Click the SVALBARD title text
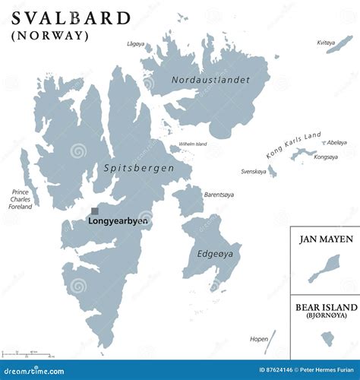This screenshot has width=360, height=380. [x=71, y=17]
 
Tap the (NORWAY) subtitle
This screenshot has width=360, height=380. [x=50, y=35]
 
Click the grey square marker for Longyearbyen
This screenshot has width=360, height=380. [x=95, y=212]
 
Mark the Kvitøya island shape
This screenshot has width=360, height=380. [x=339, y=44]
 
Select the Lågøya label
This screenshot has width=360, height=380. [x=136, y=45]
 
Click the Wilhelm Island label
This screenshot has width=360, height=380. [x=193, y=144]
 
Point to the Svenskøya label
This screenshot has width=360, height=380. [x=254, y=171]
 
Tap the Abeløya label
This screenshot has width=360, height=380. [x=336, y=142]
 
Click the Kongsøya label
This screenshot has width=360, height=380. [x=326, y=157]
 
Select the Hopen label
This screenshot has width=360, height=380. [x=258, y=339]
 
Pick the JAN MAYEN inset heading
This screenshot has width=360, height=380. [x=325, y=239]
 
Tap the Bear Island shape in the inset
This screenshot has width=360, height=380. [x=327, y=338]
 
